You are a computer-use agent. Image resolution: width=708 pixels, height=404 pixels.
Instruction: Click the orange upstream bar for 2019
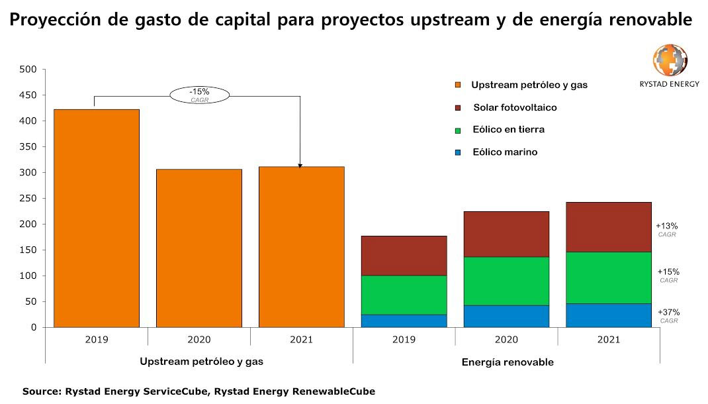97,218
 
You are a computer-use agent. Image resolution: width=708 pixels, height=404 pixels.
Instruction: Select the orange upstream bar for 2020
199,248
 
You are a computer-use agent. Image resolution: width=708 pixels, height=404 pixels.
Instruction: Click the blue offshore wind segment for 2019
404,321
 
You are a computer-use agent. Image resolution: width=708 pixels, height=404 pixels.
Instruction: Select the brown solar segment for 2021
609,227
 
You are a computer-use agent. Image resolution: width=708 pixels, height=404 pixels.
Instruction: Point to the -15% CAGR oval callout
199,95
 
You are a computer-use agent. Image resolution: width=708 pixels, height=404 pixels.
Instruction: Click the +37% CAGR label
668,315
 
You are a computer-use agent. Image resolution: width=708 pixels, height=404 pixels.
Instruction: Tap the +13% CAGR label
666,229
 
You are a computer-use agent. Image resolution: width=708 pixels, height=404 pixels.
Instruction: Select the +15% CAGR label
668,275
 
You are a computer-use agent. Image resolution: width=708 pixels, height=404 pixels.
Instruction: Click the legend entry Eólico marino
505,152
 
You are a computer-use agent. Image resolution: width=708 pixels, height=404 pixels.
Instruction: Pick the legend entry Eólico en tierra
508,130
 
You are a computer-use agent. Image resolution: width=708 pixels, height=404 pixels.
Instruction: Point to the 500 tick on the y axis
28,69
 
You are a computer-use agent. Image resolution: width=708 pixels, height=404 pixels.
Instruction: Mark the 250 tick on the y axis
28,198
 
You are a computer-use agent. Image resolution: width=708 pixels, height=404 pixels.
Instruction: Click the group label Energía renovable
507,362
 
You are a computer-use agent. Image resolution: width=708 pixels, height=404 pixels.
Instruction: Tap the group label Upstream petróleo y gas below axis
201,362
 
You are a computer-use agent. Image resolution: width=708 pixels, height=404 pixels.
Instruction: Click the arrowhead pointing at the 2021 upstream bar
300,166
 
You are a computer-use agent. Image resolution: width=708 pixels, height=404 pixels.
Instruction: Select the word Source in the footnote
41,391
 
